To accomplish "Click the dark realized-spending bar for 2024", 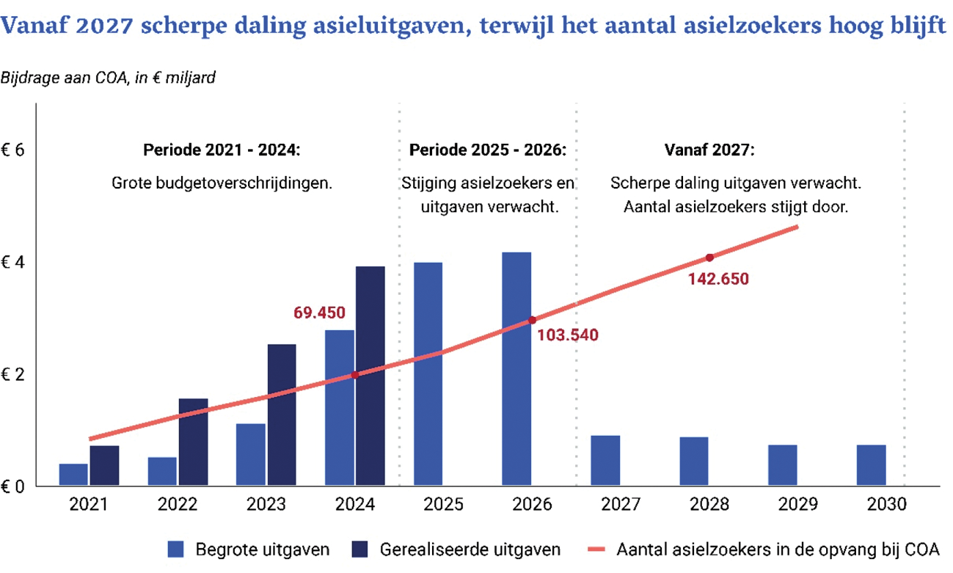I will coord(370,376).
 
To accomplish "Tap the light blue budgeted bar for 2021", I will coord(73,474).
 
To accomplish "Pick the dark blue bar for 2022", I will coord(193,442).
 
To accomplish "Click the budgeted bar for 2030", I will coord(872,465).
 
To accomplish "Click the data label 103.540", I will coord(568,336).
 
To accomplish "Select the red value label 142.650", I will coord(718,279).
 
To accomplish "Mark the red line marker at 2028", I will coord(709,258).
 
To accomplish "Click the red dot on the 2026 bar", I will coord(532,320).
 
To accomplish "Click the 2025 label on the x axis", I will coord(443,505).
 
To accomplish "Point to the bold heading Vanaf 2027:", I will coord(709,150).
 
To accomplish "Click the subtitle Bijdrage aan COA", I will coord(108,78).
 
